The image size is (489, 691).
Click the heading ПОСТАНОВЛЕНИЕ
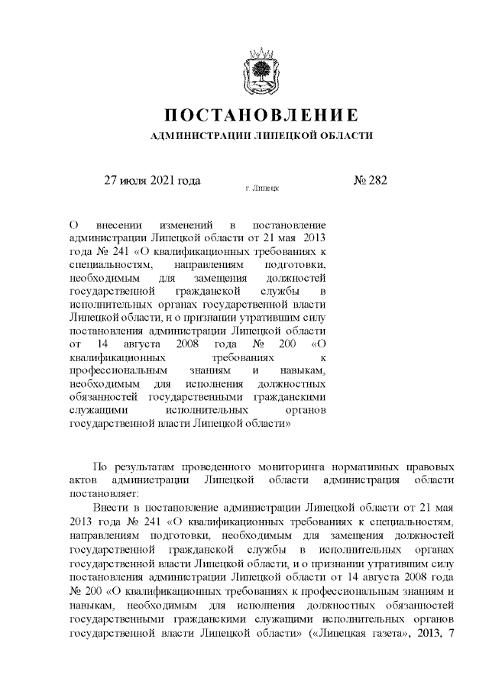point(262,115)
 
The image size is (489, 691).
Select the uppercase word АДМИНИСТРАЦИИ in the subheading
point(196,135)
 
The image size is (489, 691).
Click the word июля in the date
point(131,181)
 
